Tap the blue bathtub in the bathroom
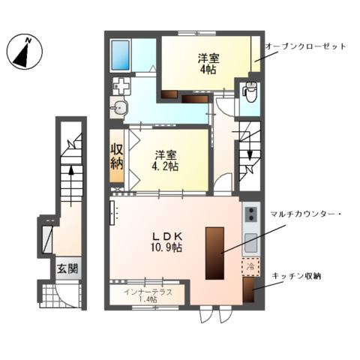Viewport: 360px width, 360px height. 121,55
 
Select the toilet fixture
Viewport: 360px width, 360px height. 250,94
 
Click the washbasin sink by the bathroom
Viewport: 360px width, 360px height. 119,108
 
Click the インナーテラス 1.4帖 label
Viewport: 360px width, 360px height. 146,294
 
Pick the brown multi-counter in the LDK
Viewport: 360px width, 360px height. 213,251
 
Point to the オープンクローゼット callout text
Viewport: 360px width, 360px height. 304,47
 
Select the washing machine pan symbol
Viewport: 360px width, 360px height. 122,86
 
